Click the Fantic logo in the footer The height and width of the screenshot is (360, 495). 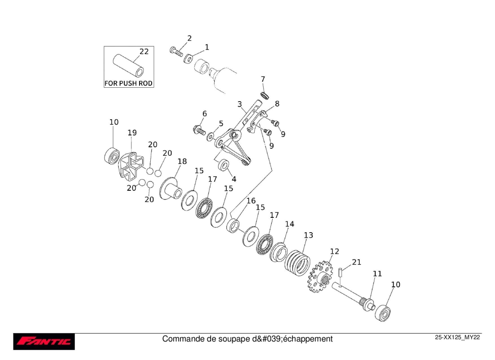(44, 342)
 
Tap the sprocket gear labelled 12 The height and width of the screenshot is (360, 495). (320, 277)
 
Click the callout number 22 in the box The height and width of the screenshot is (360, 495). (144, 51)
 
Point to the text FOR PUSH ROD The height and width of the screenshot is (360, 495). (129, 83)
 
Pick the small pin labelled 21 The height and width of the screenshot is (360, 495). (341, 272)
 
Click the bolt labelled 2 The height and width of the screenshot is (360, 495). (176, 51)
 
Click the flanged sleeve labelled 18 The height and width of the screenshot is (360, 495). (171, 189)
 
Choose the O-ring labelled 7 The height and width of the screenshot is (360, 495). (265, 95)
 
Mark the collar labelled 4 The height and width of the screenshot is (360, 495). (224, 165)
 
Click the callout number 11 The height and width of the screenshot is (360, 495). (377, 274)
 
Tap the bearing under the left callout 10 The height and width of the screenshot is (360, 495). (112, 155)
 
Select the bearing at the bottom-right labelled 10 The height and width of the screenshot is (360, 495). (383, 313)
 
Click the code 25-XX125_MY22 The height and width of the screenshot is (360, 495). (458, 337)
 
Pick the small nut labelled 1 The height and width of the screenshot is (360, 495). (189, 58)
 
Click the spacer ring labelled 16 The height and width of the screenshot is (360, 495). (233, 225)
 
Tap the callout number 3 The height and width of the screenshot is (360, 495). (239, 104)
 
